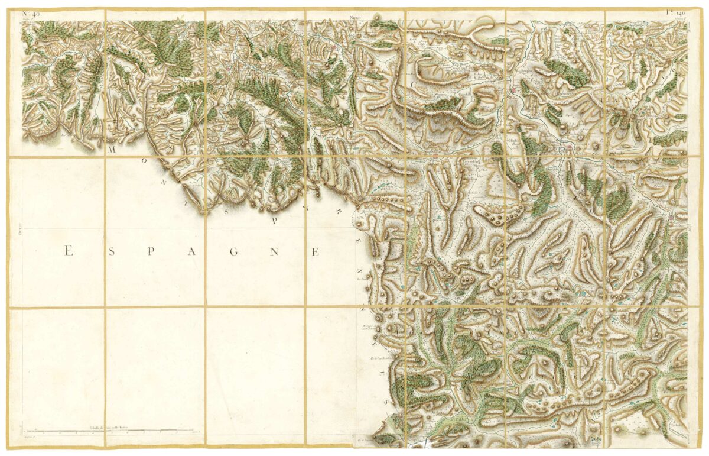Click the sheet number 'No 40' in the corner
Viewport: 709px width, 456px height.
(31, 13)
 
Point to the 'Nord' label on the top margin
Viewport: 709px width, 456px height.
(355, 18)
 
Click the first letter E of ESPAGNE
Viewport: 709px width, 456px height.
(68, 252)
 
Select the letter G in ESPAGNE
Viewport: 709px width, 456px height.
(233, 252)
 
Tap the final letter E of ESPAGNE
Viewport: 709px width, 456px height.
(315, 252)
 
